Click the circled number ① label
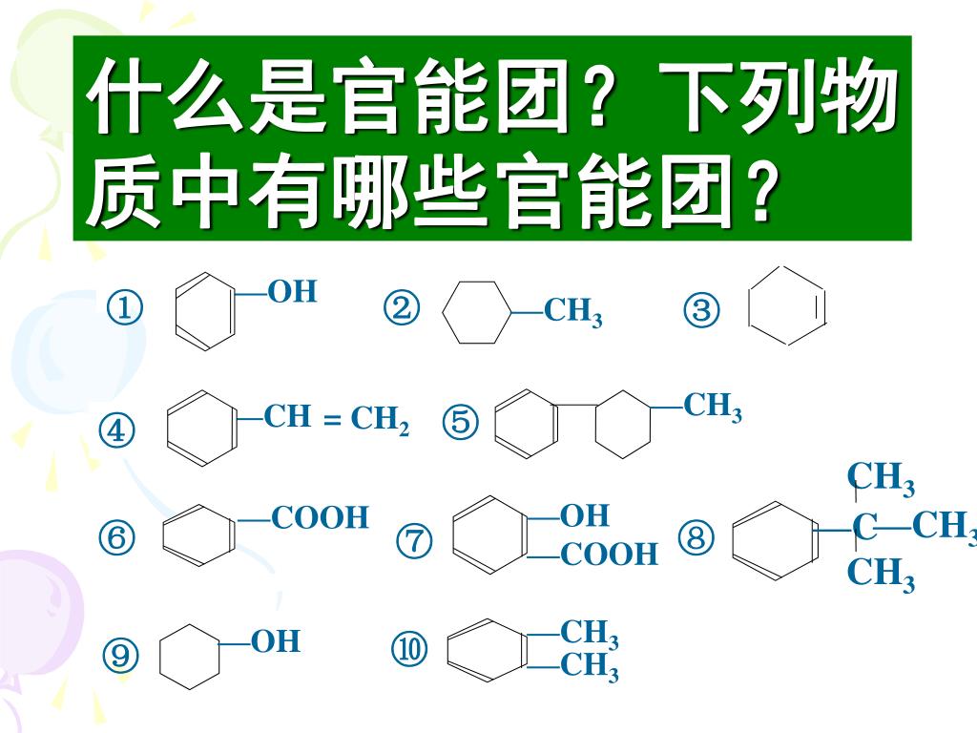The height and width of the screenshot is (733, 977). [x=125, y=309]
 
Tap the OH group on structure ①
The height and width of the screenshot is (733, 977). [x=292, y=292]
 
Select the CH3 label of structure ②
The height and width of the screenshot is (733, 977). [x=573, y=312]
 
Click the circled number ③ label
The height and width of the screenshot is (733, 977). [x=701, y=310]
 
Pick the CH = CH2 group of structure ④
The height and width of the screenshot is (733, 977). [x=336, y=419]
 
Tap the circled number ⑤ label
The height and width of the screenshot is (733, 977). [x=460, y=422]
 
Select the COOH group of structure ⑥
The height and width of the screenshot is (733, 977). [x=320, y=518]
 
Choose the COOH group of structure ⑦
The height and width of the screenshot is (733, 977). [x=609, y=555]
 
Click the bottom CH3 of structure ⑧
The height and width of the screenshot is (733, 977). [x=881, y=575]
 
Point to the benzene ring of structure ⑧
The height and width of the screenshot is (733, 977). [x=774, y=541]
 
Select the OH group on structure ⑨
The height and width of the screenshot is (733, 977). [x=276, y=642]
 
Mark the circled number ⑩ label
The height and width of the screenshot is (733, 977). [x=409, y=650]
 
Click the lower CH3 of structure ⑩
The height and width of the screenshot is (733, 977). [x=589, y=667]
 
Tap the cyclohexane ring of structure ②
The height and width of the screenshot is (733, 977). [x=478, y=312]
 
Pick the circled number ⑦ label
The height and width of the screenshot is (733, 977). [x=414, y=541]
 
